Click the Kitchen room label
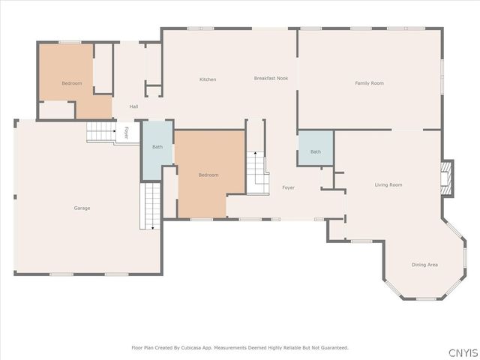click(x=208, y=79)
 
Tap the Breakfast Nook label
click(x=271, y=78)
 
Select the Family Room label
click(x=369, y=83)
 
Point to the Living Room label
click(x=388, y=185)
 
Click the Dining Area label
click(x=424, y=265)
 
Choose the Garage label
click(x=82, y=208)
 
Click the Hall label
click(x=133, y=106)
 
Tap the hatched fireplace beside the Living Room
click(x=446, y=178)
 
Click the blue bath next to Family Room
click(x=316, y=148)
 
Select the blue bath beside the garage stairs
click(x=157, y=149)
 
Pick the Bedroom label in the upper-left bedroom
click(x=72, y=83)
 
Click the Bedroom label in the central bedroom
click(x=208, y=175)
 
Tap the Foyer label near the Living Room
click(x=288, y=187)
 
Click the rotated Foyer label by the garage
click(x=127, y=133)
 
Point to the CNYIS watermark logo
click(x=463, y=352)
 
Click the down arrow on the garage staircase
click(x=152, y=228)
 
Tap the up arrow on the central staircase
click(x=255, y=152)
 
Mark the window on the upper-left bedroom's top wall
click(x=70, y=42)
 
